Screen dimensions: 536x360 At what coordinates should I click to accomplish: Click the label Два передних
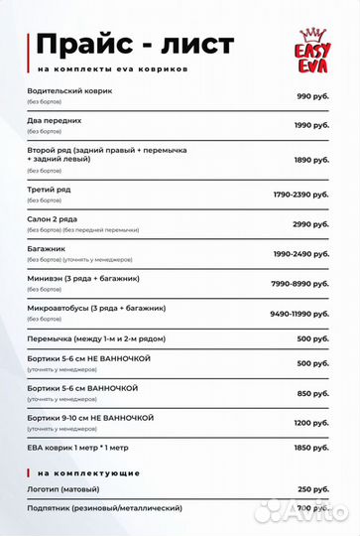[x=55, y=120]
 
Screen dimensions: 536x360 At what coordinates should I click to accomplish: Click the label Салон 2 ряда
[x=58, y=218]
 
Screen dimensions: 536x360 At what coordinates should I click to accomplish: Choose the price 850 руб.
[x=312, y=393]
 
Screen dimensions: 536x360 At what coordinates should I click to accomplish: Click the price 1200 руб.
[x=310, y=423]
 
